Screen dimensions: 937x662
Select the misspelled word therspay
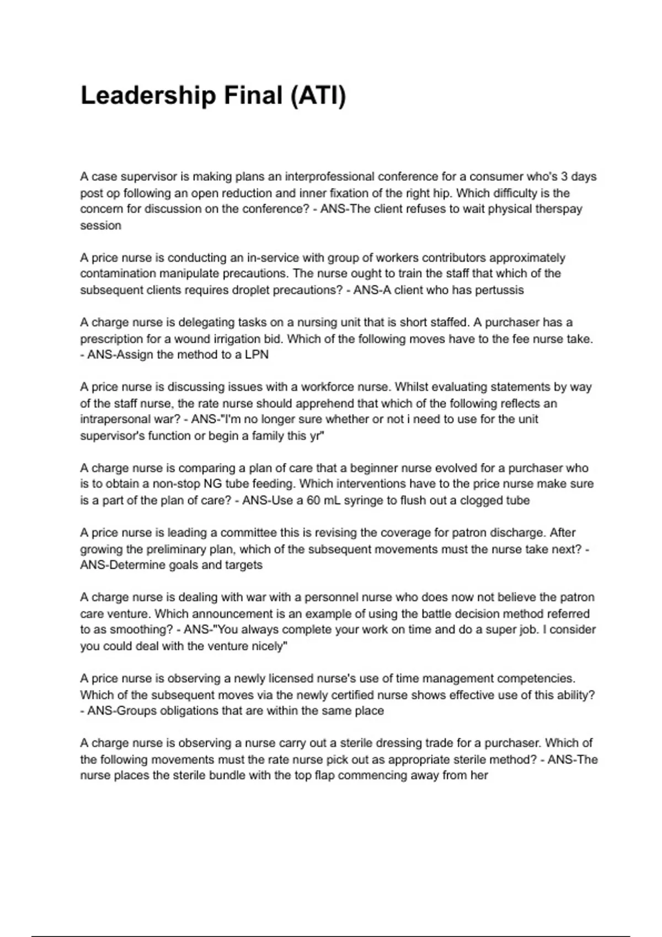558,209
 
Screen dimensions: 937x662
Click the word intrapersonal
115,419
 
